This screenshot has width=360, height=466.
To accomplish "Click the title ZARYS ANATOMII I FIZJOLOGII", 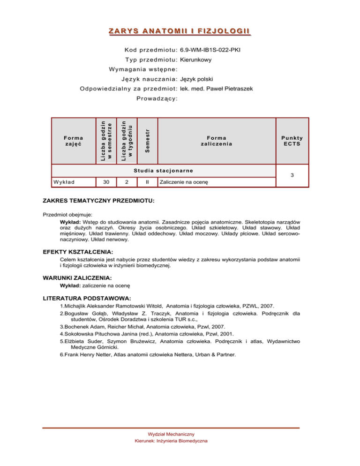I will point(180,31).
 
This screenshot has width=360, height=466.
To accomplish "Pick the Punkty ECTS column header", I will point(292,141).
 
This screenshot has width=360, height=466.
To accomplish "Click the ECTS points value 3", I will point(292,175).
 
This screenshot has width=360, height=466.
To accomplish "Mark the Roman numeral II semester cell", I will point(148,181).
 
